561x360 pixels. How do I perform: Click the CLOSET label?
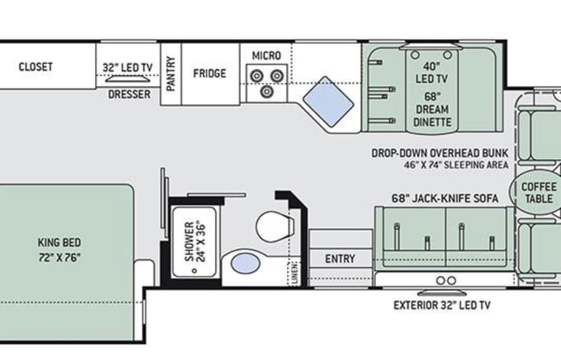pyautogui.click(x=35, y=67)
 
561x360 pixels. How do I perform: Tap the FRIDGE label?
pyautogui.click(x=210, y=74)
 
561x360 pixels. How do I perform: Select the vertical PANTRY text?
pyautogui.click(x=170, y=74)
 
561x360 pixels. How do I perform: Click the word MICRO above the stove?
pyautogui.click(x=266, y=56)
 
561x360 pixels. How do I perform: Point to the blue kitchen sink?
pyautogui.click(x=328, y=101)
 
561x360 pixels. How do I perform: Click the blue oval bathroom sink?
pyautogui.click(x=246, y=263)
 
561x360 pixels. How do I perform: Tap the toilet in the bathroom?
pyautogui.click(x=275, y=226)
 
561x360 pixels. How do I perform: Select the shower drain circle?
pyautogui.click(x=194, y=270)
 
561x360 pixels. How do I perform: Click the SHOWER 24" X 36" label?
pyautogui.click(x=195, y=241)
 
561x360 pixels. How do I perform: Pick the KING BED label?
pyautogui.click(x=59, y=243)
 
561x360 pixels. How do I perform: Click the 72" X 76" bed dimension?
pyautogui.click(x=59, y=257)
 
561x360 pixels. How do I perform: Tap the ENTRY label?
pyautogui.click(x=340, y=259)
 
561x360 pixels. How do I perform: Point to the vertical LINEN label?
pyautogui.click(x=295, y=274)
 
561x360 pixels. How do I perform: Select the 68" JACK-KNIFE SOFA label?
pyautogui.click(x=444, y=198)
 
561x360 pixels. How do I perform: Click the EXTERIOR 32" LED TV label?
pyautogui.click(x=442, y=306)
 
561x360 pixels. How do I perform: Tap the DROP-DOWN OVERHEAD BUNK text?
pyautogui.click(x=440, y=154)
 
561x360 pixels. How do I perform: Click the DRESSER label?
pyautogui.click(x=129, y=94)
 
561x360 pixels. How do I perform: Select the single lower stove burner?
pyautogui.click(x=266, y=91)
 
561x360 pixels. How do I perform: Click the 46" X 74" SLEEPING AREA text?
pyautogui.click(x=456, y=165)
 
